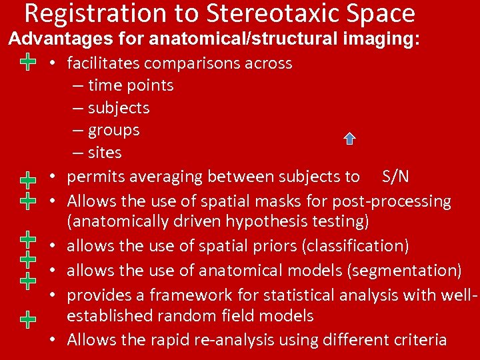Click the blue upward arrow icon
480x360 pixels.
tap(349, 139)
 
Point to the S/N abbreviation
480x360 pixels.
tap(396, 177)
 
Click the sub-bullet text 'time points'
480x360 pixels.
tap(131, 85)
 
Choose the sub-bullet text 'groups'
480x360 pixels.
tap(113, 130)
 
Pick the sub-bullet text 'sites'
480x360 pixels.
tap(105, 153)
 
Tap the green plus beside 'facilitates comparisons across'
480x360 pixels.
tap(27, 63)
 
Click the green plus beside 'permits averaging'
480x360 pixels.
tap(27, 179)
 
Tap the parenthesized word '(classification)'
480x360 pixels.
tap(355, 245)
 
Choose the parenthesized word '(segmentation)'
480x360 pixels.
tap(409, 270)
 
